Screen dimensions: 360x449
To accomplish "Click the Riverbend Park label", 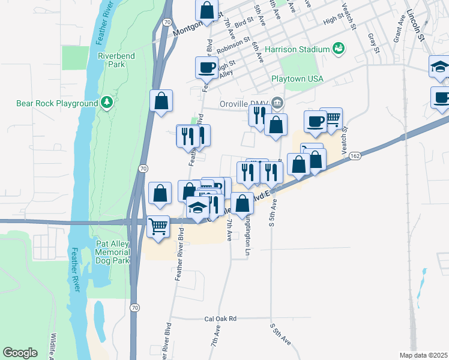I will click(116, 60).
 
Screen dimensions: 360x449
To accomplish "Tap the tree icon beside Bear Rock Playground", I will click(107, 103).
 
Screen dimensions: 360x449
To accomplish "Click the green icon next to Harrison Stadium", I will click(338, 48).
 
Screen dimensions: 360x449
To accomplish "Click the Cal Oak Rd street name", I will click(220, 319).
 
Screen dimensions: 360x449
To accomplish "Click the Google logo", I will click(20, 353).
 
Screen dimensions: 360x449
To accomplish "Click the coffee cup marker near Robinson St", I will click(206, 67).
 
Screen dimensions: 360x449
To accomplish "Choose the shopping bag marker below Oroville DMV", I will click(276, 125).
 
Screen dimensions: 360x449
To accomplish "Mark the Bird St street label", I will click(246, 22).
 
